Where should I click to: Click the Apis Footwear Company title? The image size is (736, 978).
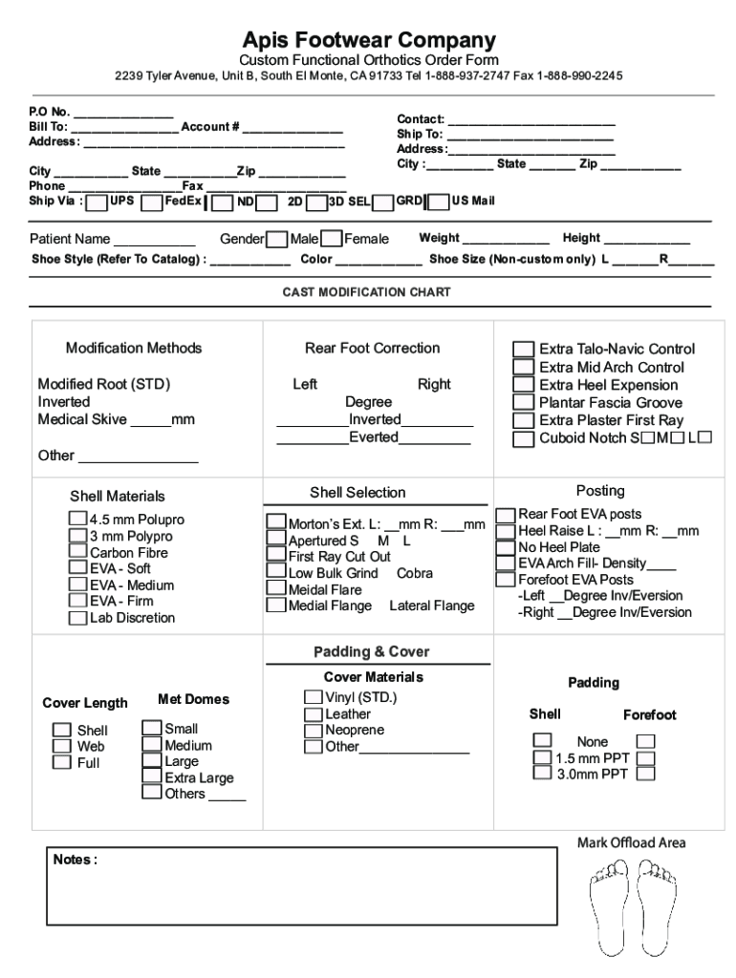click(x=368, y=40)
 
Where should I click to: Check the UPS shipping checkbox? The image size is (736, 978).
click(x=97, y=202)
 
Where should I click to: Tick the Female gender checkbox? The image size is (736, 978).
click(x=332, y=239)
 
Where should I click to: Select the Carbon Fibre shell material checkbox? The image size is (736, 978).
click(x=78, y=552)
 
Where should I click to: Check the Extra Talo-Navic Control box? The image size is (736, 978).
click(x=523, y=350)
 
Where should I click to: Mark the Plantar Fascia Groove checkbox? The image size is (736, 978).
click(x=523, y=403)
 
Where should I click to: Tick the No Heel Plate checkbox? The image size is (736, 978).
click(x=505, y=548)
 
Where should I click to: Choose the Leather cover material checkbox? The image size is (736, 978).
click(x=314, y=713)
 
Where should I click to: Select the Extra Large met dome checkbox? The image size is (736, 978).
click(x=151, y=776)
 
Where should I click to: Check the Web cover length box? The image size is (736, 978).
click(x=62, y=746)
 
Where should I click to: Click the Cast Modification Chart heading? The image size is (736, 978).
click(x=366, y=292)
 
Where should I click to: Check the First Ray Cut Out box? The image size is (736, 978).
click(x=275, y=556)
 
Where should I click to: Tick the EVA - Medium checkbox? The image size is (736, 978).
click(x=78, y=585)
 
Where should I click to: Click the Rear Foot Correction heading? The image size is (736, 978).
click(x=372, y=349)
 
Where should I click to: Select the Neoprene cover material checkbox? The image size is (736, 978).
click(x=314, y=730)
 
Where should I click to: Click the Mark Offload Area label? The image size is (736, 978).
click(x=631, y=842)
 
